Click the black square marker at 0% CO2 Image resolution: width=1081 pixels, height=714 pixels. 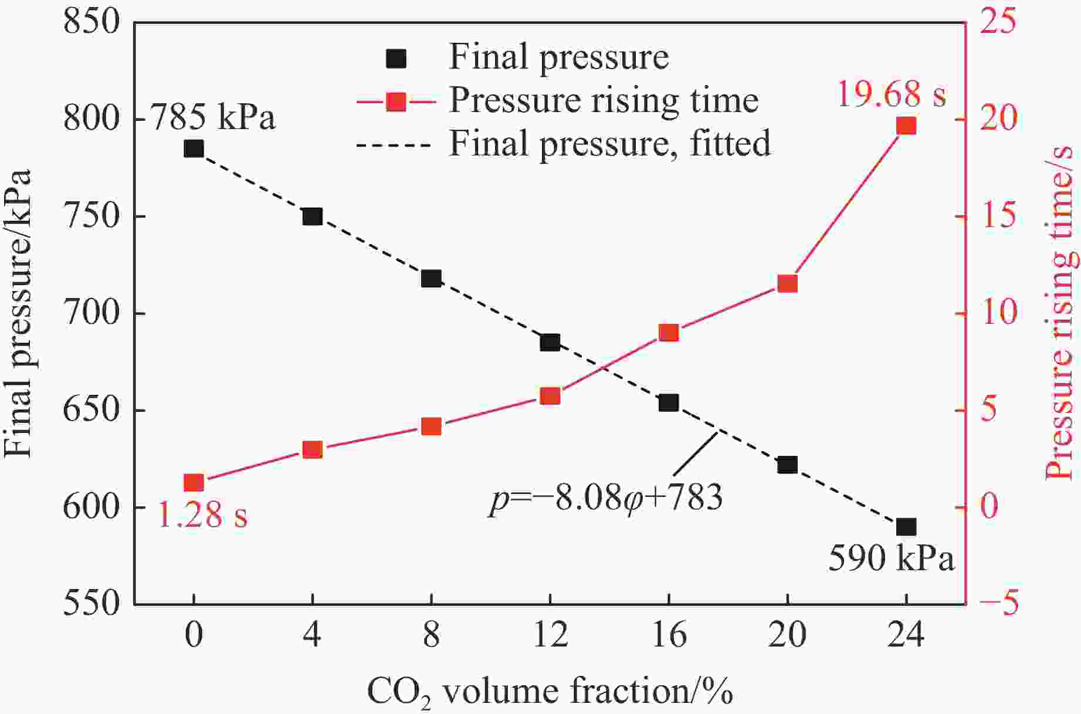[x=194, y=149]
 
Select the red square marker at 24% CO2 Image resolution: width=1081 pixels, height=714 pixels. [x=906, y=126]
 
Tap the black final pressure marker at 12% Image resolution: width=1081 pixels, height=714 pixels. [x=550, y=343]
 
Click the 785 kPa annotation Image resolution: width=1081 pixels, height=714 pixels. [x=214, y=117]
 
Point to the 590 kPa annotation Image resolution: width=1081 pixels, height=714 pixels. [x=891, y=559]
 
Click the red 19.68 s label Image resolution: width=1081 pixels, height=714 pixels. [x=891, y=94]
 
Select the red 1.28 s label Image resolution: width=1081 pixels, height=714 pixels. [x=203, y=515]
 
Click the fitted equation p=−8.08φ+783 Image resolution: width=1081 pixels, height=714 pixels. [x=606, y=499]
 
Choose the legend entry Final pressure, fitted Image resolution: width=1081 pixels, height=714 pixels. [x=609, y=143]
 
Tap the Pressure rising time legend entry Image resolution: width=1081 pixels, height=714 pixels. [x=604, y=101]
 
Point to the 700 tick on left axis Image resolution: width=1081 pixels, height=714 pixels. [x=92, y=313]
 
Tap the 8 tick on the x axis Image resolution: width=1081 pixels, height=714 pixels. [x=431, y=635]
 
